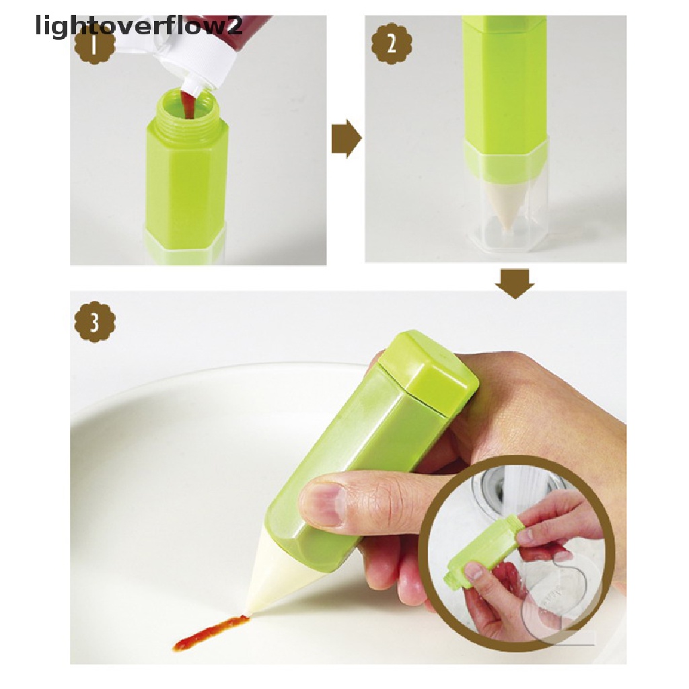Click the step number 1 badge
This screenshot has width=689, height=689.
[x=94, y=46]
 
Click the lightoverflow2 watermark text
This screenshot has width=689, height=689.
[x=121, y=27]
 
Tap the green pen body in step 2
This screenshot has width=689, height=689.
[x=505, y=81]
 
